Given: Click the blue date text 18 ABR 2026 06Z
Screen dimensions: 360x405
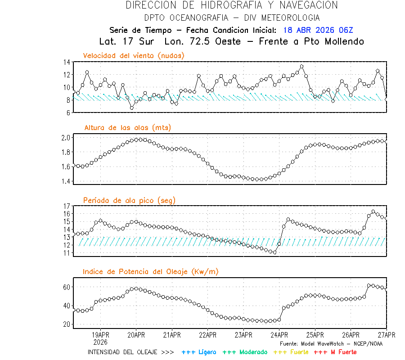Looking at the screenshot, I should coord(318,31).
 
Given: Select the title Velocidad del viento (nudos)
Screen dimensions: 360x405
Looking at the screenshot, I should coord(134,55).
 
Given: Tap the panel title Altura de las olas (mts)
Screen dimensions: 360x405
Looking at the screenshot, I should coord(127,128).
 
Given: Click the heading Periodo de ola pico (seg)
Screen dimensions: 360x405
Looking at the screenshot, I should coord(129,200).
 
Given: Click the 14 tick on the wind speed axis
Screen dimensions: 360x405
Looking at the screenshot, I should coord(67,62).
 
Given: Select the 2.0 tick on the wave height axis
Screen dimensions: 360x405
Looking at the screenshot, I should coord(66,138).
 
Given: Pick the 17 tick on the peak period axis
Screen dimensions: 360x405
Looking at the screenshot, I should coord(67,206).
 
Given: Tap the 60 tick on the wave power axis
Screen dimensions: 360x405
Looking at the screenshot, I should coord(67,287).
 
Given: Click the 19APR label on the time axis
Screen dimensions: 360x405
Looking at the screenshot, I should coord(100,335).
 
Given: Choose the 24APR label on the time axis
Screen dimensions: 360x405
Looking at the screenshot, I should coord(279,335).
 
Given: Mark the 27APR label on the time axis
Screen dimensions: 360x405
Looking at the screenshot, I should coord(386,335).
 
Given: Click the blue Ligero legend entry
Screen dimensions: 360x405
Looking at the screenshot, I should coord(199,352).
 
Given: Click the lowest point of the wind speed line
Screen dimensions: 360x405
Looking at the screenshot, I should coord(132,108).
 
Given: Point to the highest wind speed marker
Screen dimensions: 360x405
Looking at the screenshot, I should coord(301,66).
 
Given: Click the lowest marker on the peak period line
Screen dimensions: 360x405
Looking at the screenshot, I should coord(274,252).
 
